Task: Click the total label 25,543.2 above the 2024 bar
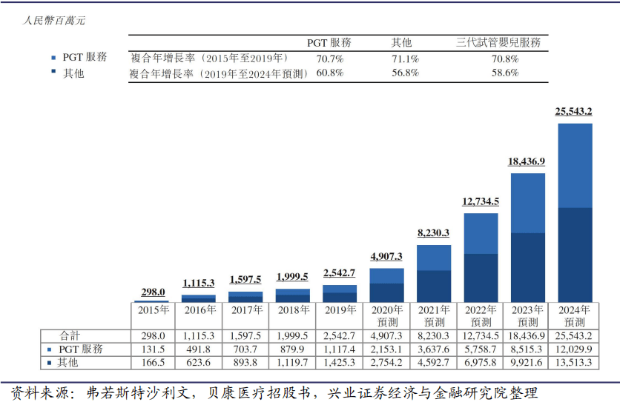point(574,112)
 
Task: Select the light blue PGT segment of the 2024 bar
point(574,165)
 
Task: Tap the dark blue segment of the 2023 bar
point(527,267)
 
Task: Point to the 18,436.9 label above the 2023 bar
point(527,161)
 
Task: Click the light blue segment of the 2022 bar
point(481,233)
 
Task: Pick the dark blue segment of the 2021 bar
point(434,286)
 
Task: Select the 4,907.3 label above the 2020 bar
point(386,257)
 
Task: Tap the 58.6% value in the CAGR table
point(504,73)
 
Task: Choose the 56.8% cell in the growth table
point(406,73)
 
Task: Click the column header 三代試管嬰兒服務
point(498,43)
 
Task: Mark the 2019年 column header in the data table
point(340,309)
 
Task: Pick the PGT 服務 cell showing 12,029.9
point(574,349)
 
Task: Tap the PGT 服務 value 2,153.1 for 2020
point(386,349)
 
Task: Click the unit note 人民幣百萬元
point(53,20)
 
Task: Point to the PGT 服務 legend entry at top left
point(83,57)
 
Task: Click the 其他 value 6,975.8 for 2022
point(481,363)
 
